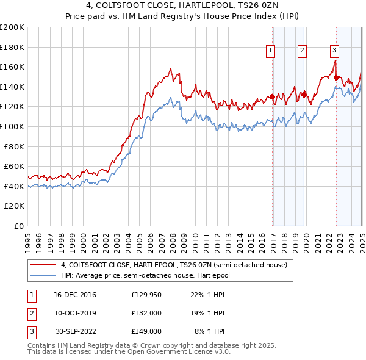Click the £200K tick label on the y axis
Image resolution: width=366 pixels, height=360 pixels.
coord(12,27)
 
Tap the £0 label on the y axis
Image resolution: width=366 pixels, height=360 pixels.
coord(19,226)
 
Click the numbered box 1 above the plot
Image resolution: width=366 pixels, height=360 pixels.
coord(270,51)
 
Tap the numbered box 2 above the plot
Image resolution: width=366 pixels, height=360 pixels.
coord(302,51)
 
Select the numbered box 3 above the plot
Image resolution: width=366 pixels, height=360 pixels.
coord(335,51)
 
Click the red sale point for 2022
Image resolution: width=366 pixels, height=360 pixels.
coord(337,77)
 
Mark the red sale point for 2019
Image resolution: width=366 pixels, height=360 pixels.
coord(304,94)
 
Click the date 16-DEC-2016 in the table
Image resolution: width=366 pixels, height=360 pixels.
coord(75,295)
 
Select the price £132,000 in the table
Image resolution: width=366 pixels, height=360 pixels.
coord(146,313)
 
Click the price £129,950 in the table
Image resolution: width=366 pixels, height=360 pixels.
coord(146,295)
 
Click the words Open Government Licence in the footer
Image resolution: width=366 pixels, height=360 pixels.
coord(179,352)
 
